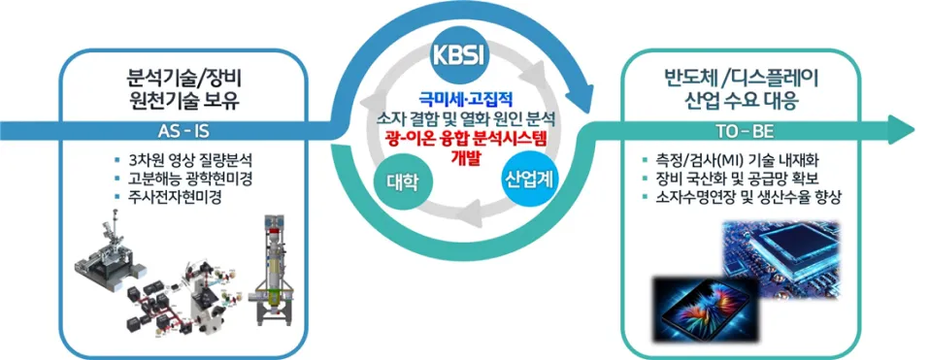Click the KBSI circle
pyautogui.click(x=463, y=54)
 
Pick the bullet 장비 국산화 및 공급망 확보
pyautogui.click(x=741, y=178)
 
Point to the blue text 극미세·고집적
pyautogui.click(x=465, y=99)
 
